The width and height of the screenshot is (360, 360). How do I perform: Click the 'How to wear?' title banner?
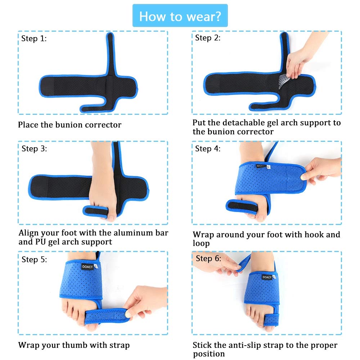coord(180,16)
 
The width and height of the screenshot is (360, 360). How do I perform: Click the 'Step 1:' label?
coord(34,39)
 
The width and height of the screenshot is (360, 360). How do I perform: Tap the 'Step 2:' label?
coord(208,37)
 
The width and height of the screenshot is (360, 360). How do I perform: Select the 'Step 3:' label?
coord(34,148)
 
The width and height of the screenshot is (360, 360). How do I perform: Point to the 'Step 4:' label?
coord(208,148)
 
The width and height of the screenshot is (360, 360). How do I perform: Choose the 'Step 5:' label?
coord(34,259)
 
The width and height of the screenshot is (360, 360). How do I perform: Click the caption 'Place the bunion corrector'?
coord(69,125)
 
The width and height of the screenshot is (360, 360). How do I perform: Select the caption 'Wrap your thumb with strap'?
coord(74,345)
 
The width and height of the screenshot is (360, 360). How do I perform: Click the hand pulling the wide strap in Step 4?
coord(320,169)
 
